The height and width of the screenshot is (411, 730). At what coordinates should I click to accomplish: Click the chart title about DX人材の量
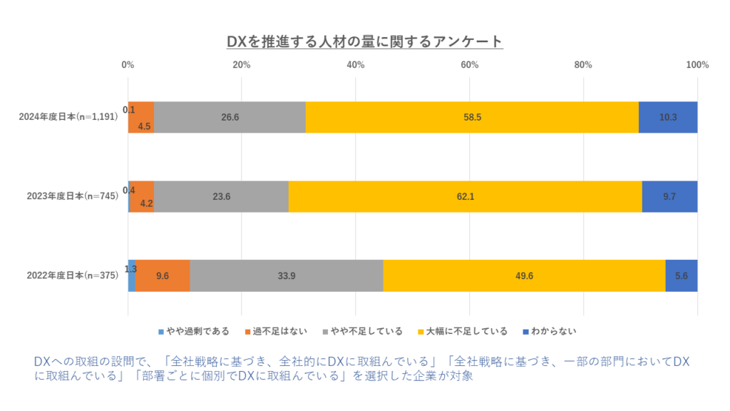click(x=364, y=41)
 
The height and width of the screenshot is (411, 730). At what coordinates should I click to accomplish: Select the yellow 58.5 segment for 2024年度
click(x=472, y=117)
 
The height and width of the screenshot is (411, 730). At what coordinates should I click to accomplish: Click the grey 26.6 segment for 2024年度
click(x=230, y=117)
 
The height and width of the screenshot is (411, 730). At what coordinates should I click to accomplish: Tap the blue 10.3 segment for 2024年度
click(x=668, y=117)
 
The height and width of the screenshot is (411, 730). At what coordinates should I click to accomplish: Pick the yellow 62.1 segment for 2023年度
click(x=465, y=196)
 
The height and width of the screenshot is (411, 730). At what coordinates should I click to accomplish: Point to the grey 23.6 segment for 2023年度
click(x=221, y=196)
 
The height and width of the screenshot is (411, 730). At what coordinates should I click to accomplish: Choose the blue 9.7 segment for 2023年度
click(x=669, y=196)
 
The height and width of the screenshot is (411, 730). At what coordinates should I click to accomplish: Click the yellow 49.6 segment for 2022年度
click(x=524, y=275)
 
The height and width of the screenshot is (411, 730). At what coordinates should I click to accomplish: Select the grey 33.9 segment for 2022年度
click(x=287, y=275)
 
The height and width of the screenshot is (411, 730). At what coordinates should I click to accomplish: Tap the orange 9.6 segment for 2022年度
click(x=163, y=275)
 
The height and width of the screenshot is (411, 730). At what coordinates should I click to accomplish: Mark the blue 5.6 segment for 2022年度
click(x=682, y=275)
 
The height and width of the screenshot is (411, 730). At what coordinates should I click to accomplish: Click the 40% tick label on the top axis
click(x=355, y=65)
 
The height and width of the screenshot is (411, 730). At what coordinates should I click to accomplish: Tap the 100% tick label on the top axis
click(x=696, y=65)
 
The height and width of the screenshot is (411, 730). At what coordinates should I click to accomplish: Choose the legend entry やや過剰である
click(x=197, y=331)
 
